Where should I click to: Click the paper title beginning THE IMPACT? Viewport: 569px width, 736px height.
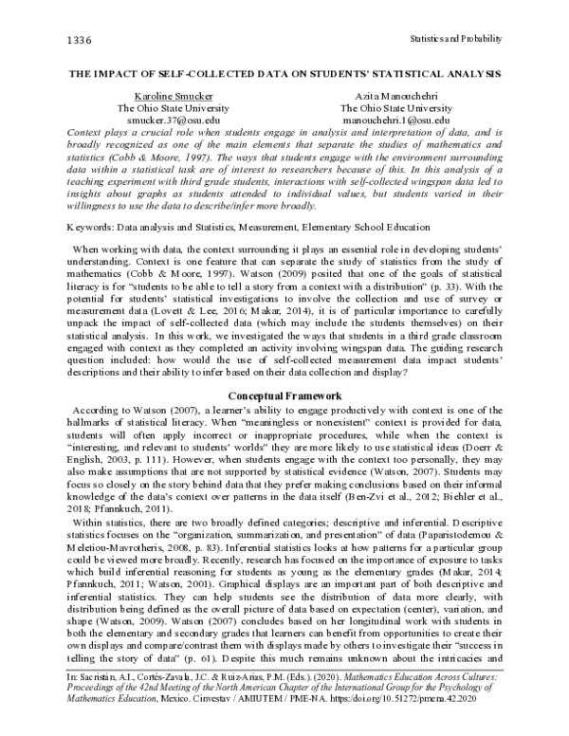click(284, 73)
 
